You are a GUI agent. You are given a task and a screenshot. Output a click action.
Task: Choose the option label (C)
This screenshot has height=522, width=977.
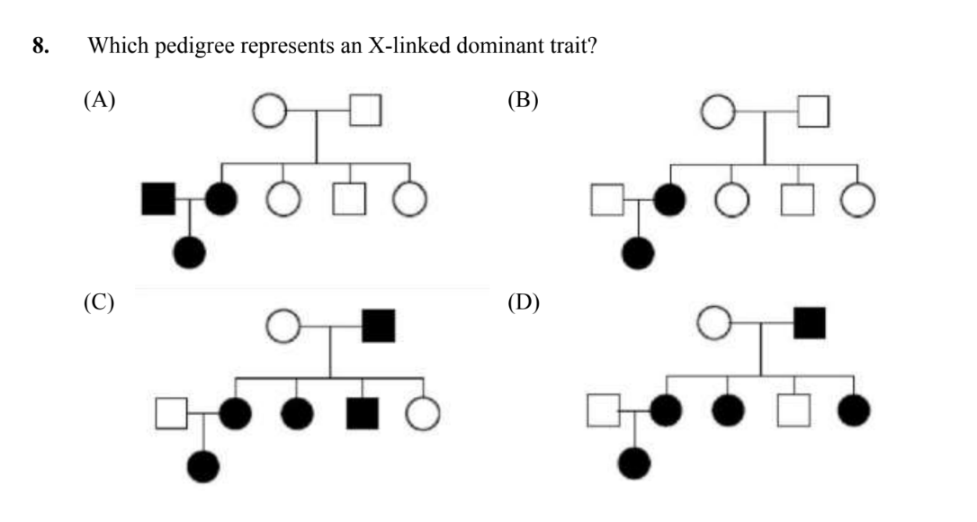click(99, 301)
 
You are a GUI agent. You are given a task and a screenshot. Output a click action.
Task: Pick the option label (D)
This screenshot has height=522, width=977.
click(523, 301)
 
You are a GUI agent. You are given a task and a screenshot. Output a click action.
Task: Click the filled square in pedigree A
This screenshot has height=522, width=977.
click(158, 199)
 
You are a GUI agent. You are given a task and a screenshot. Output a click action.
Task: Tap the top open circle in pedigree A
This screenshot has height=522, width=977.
click(269, 112)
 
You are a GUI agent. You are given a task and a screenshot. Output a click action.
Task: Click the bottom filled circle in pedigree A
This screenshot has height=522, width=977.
click(190, 253)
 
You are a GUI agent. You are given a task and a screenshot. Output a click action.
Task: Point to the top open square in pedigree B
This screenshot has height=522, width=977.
click(813, 112)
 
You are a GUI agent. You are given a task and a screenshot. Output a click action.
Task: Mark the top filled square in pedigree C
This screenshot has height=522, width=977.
click(378, 326)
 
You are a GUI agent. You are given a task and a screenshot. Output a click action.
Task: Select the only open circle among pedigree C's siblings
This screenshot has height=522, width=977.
click(421, 413)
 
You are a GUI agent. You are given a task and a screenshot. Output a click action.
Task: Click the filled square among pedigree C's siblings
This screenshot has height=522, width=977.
click(362, 413)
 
